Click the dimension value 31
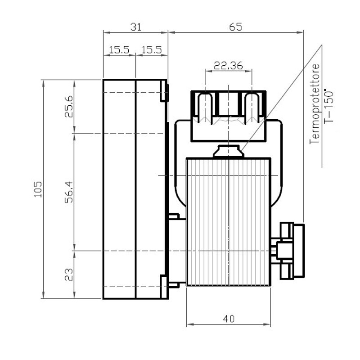click(136, 27)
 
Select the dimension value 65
click(236, 27)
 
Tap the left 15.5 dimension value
click(119, 50)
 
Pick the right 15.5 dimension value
click(152, 50)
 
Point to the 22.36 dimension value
click(228, 66)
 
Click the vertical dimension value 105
click(38, 189)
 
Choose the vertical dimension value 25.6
click(69, 107)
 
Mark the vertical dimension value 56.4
click(69, 192)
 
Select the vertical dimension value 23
click(69, 275)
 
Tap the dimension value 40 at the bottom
click(229, 319)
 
